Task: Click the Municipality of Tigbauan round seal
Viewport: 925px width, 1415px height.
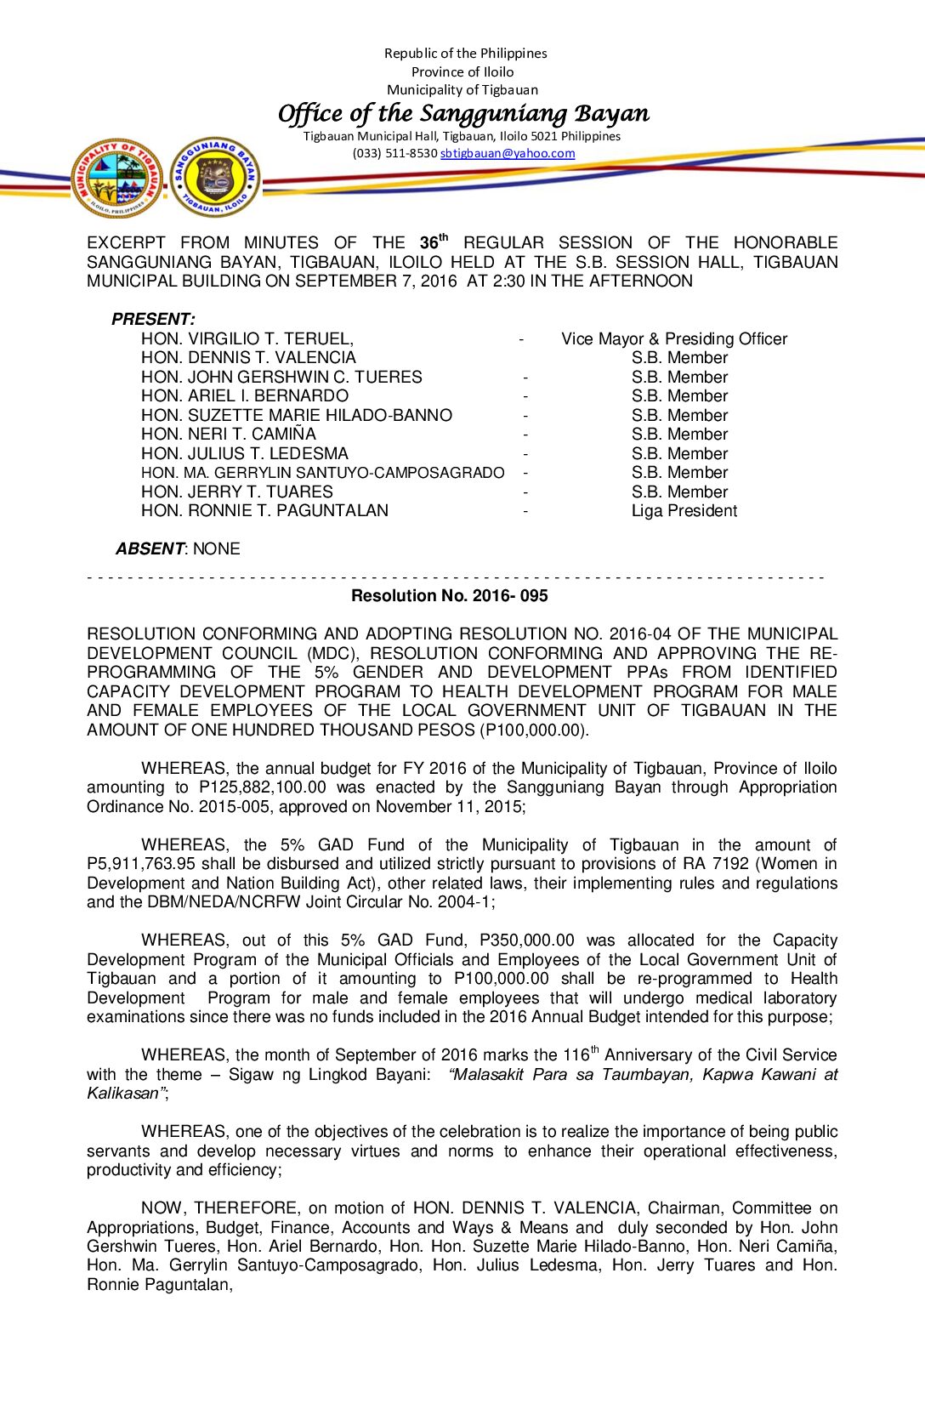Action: point(118,179)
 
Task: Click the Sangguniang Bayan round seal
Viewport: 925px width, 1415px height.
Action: point(215,177)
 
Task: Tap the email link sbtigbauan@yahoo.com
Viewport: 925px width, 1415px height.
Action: point(508,154)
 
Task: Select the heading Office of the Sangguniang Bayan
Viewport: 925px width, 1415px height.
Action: point(463,113)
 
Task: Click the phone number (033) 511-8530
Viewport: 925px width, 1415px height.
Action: point(394,154)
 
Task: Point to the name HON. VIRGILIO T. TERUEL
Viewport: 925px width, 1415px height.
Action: point(247,338)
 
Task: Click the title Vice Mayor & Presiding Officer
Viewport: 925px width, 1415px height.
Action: point(674,338)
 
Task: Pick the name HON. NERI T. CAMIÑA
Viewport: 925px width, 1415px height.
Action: point(228,434)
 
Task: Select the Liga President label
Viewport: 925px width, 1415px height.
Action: point(684,510)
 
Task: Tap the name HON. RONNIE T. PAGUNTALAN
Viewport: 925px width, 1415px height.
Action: point(264,510)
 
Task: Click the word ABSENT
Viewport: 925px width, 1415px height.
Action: point(150,548)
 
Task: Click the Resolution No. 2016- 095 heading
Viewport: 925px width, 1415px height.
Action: point(449,595)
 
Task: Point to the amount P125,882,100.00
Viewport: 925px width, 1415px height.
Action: point(263,787)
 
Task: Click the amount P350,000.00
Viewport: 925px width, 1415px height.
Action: point(527,940)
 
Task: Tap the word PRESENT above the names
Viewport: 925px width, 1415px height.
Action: point(152,319)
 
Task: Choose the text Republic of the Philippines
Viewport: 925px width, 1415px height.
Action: point(465,53)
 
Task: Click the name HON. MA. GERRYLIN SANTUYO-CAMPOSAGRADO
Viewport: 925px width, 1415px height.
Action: point(322,472)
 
